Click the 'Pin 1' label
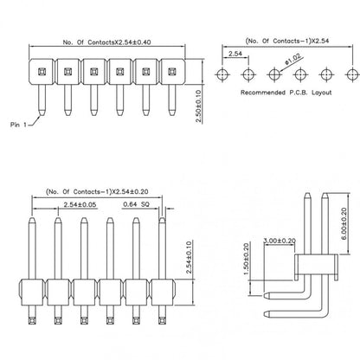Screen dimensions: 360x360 click(x=18, y=125)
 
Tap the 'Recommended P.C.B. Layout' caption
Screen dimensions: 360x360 click(x=286, y=93)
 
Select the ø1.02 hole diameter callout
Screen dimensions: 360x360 click(x=292, y=59)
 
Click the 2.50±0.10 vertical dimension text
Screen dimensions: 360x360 click(x=198, y=106)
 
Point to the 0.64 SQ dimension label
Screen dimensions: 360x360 click(x=137, y=204)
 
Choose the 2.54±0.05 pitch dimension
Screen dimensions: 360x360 click(x=80, y=205)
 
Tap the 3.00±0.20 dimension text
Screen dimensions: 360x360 click(x=280, y=241)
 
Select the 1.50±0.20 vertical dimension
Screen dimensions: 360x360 click(x=246, y=259)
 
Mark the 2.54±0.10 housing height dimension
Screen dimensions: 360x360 click(x=189, y=257)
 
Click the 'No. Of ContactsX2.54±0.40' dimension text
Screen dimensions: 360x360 click(x=106, y=42)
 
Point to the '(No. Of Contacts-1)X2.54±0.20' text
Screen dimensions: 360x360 click(x=97, y=192)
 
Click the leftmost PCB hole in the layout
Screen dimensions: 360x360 click(x=222, y=74)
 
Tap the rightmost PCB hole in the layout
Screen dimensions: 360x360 click(x=352, y=74)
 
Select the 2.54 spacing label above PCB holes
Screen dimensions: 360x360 click(x=235, y=54)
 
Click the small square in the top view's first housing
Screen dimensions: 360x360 click(x=42, y=71)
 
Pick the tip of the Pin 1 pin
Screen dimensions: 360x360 click(x=42, y=115)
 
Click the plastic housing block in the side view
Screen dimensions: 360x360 click(x=316, y=264)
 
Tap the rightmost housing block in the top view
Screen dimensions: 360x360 click(x=172, y=72)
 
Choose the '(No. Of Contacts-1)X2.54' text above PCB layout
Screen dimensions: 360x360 click(x=287, y=41)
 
